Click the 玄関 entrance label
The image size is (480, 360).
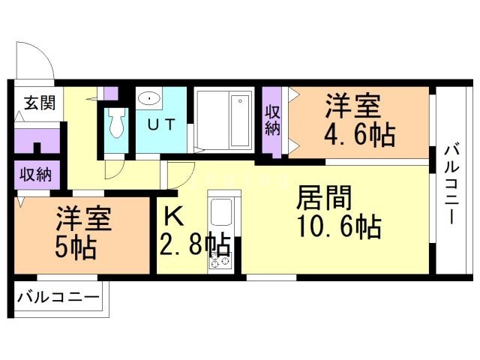40,103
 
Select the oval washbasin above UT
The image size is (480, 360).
149,98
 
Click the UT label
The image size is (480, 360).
162,124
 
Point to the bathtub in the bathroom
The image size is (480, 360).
240,121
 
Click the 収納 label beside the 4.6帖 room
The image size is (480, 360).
272,120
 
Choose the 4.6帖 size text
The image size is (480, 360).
359,135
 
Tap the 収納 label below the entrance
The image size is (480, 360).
36,175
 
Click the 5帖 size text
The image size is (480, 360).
76,248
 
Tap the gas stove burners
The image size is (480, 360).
219,262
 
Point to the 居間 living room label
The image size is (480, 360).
325,199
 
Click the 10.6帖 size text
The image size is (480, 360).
340,226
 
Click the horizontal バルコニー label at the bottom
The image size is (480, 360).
58,297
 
